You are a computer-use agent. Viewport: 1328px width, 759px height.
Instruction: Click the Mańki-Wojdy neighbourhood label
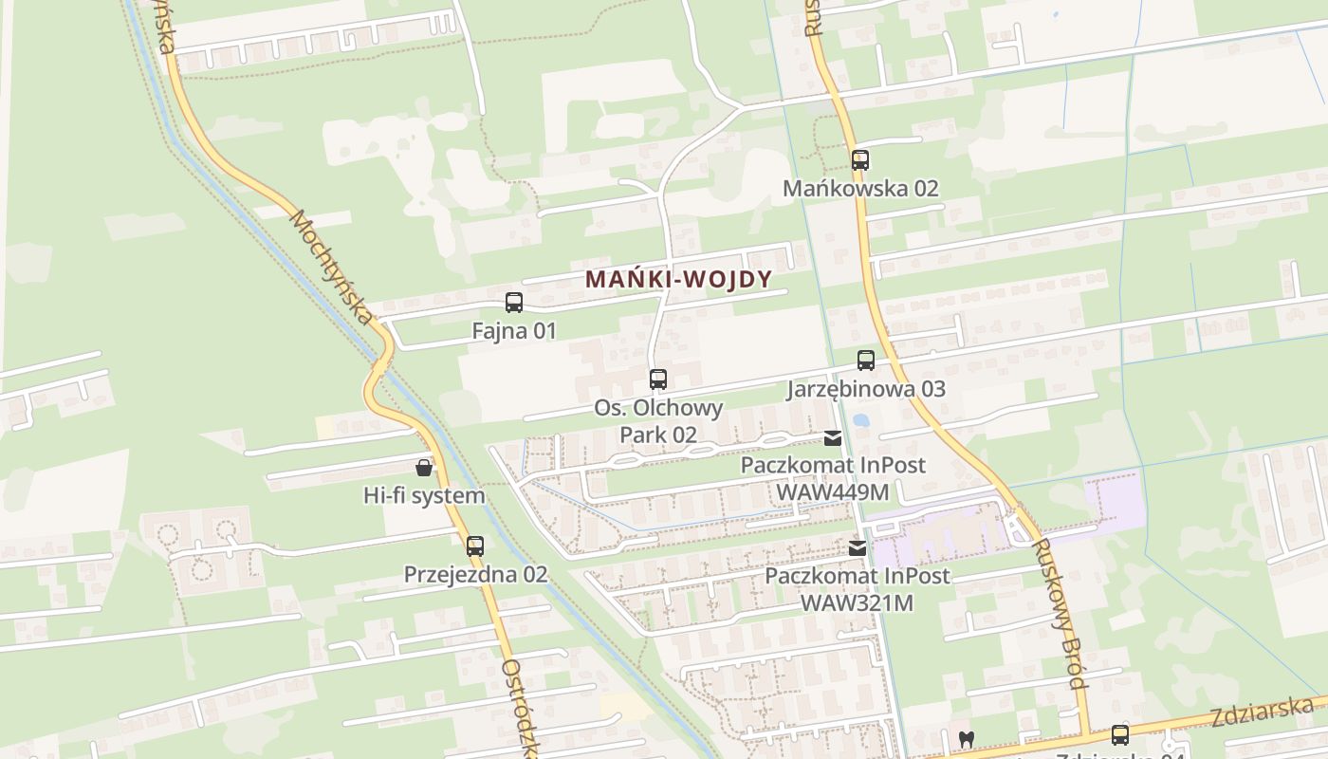pos(678,279)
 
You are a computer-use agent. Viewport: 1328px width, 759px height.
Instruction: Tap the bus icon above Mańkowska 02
pos(860,160)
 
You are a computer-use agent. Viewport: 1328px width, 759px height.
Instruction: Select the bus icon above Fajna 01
pos(514,303)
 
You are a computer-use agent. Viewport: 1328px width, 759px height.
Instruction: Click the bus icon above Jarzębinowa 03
pos(866,361)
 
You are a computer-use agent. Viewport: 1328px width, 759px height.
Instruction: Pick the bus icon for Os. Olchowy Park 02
pos(658,379)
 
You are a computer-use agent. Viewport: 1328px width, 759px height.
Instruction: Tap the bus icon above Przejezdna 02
pos(475,546)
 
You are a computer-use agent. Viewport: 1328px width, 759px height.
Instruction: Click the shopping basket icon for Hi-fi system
pos(424,468)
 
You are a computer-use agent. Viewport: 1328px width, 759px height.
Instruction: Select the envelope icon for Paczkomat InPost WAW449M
pos(833,438)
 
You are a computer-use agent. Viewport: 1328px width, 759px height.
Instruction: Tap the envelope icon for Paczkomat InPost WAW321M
pos(858,547)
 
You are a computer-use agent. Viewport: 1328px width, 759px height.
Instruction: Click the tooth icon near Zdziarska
pos(967,738)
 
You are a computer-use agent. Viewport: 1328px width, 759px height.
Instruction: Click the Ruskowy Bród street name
pos(1060,615)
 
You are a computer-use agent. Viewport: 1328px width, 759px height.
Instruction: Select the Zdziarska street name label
pos(1262,712)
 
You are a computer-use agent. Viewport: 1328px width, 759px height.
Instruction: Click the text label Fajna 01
pos(514,331)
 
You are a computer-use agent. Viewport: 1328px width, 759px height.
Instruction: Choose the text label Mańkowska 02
pos(860,188)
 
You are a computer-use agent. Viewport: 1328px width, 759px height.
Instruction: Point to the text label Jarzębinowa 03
pos(866,388)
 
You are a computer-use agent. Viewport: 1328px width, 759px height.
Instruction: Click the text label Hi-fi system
pos(424,495)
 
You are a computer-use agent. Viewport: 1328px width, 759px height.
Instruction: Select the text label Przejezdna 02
pos(475,574)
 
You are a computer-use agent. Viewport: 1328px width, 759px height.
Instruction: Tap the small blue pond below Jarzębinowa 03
pos(861,419)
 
